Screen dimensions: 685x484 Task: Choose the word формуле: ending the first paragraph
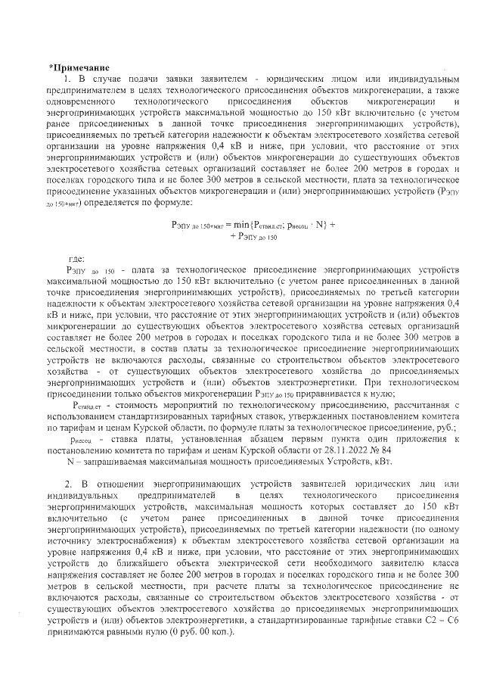(172, 204)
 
